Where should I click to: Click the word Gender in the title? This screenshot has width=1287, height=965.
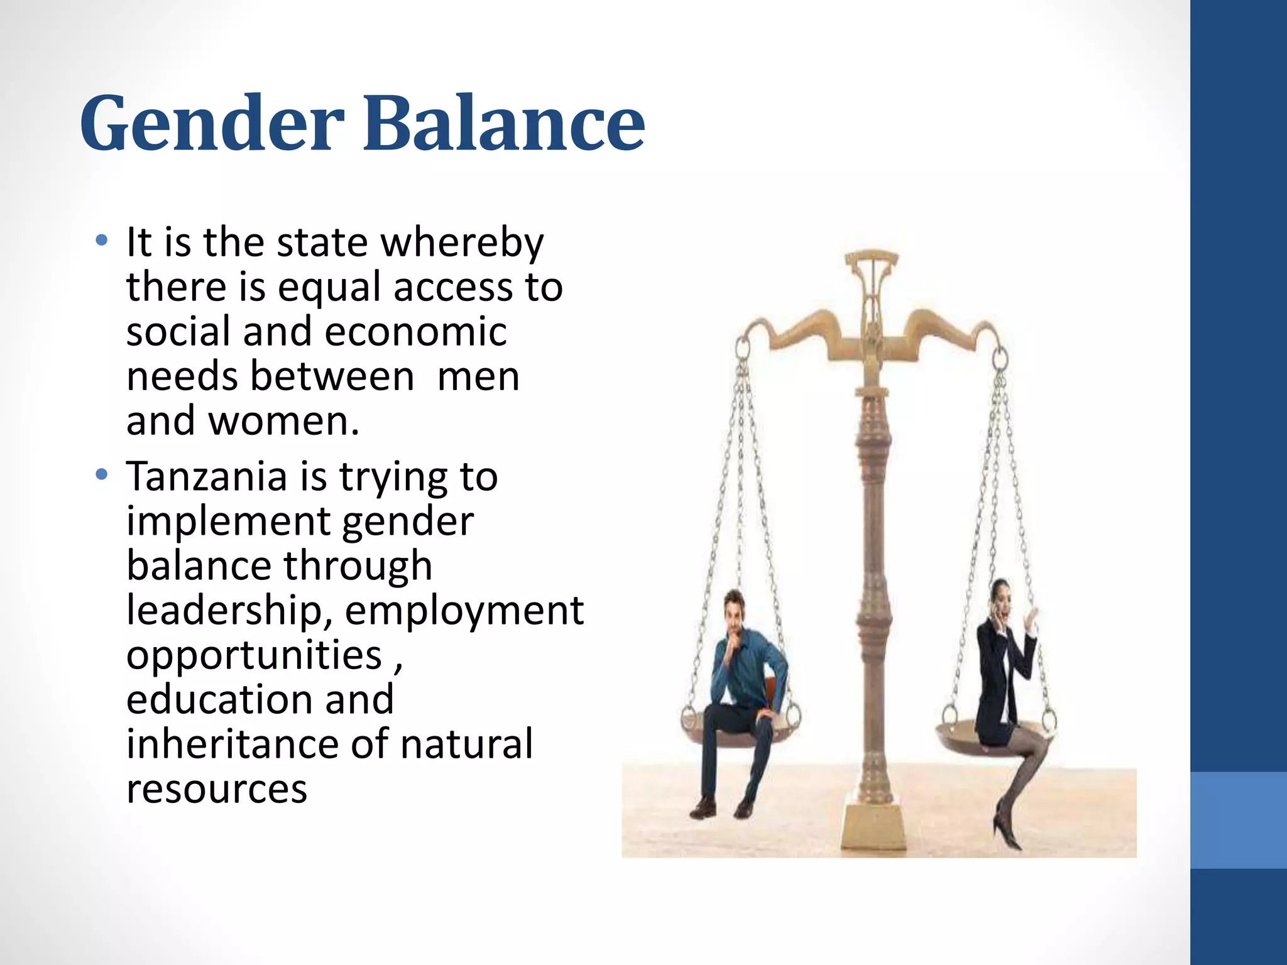tap(212, 123)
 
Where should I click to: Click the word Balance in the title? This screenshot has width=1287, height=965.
tap(504, 123)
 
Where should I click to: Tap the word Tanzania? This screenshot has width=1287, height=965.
tap(207, 476)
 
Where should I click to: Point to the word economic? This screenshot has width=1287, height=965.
tap(415, 332)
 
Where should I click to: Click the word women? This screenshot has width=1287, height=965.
tap(283, 421)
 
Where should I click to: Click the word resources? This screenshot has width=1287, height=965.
tap(217, 789)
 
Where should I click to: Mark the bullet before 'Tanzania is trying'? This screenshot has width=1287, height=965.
tap(101, 475)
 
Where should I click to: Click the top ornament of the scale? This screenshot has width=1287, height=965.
tap(871, 264)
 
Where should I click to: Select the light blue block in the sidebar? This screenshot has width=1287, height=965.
tap(1238, 820)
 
